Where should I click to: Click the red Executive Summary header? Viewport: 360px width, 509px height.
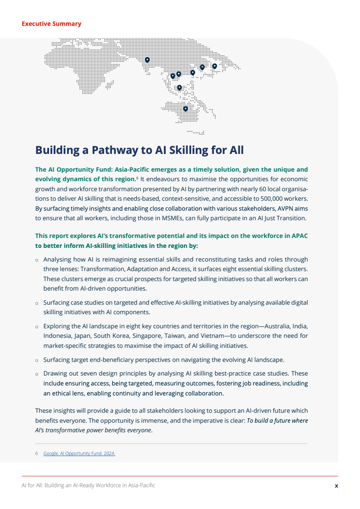51,24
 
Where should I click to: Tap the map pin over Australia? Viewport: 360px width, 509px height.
185,109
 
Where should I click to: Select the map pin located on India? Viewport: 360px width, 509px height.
148,59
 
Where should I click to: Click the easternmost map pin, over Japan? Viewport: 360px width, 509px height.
215,66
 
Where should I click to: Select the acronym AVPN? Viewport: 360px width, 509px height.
295,208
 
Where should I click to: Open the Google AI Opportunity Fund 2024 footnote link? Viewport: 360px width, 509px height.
79,453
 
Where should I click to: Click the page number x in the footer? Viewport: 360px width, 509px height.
336,485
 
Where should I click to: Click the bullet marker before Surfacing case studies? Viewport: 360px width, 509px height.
37,303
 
